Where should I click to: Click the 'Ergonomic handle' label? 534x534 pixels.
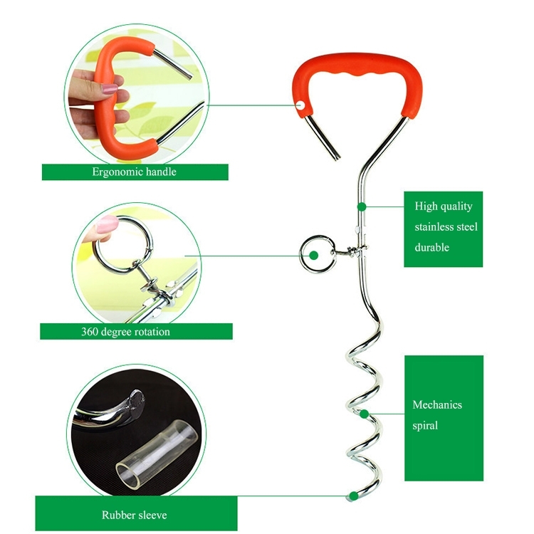click(x=134, y=172)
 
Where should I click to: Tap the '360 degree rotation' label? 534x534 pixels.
click(x=135, y=331)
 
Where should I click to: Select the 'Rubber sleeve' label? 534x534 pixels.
click(x=134, y=515)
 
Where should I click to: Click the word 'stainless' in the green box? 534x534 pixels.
click(x=446, y=227)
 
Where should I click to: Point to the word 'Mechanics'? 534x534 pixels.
click(x=437, y=404)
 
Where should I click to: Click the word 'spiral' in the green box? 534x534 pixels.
click(x=425, y=426)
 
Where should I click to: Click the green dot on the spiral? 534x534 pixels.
click(x=364, y=413)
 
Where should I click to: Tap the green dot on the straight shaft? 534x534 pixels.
click(x=362, y=206)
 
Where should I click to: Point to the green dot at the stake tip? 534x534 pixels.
click(x=351, y=496)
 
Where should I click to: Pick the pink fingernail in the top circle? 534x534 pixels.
click(x=109, y=90)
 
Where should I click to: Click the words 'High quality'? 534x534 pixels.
click(x=443, y=206)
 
